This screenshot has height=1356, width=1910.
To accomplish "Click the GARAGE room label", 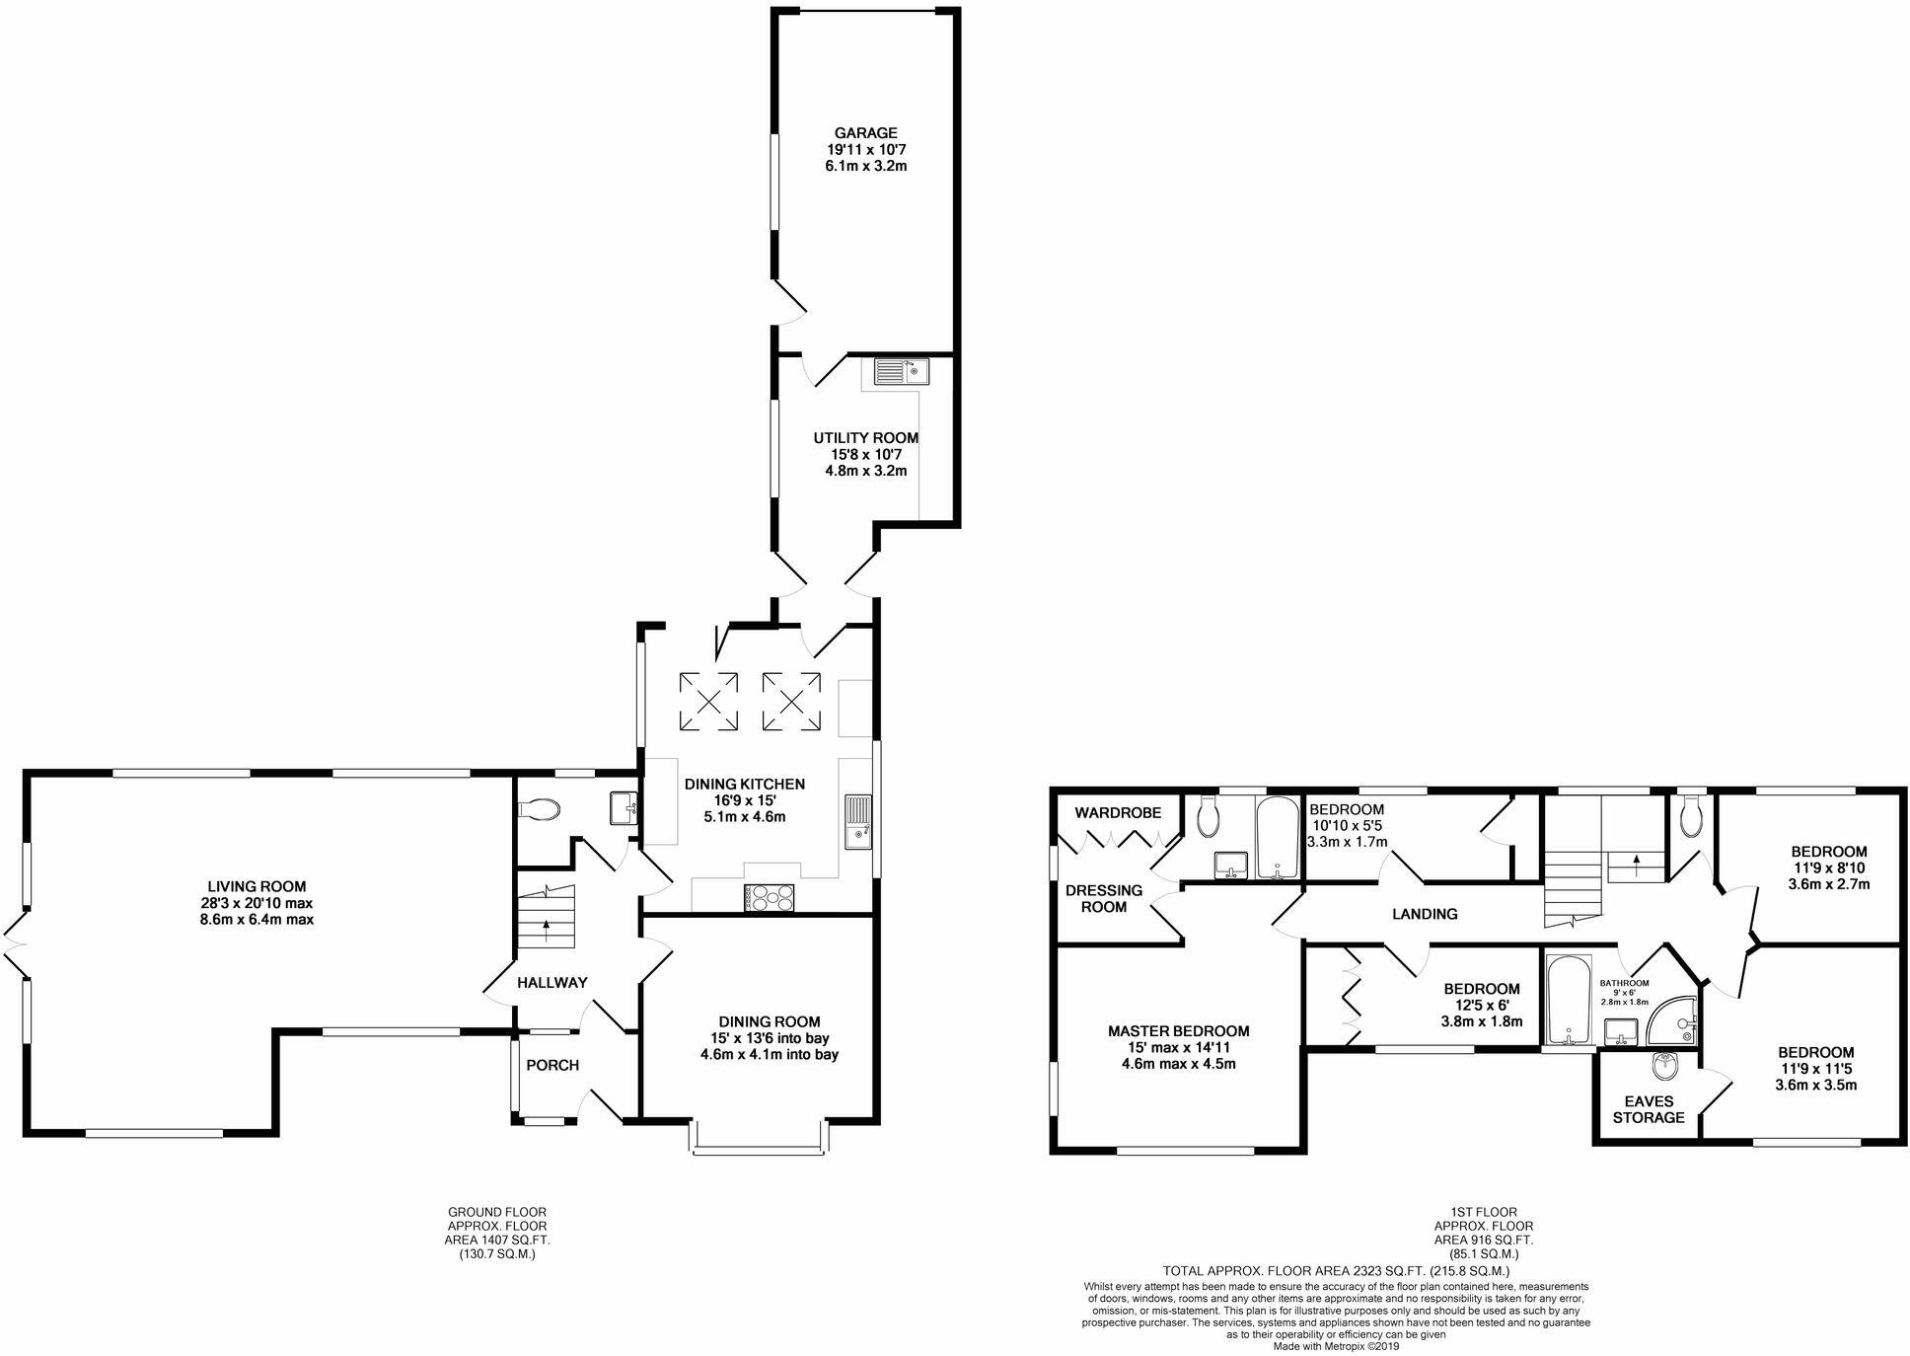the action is click(865, 133).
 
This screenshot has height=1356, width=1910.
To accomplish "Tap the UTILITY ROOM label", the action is click(865, 438).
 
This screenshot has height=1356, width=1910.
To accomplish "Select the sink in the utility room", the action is click(901, 372).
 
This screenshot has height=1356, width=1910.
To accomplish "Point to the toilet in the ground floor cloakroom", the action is click(539, 809).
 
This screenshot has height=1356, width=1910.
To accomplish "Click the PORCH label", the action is click(552, 1065).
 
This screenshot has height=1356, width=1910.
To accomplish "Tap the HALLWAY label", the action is click(552, 982).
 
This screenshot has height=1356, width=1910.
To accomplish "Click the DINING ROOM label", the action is click(769, 1021).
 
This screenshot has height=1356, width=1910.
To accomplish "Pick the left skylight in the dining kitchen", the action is click(708, 701).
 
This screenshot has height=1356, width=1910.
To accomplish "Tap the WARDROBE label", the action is click(1118, 813).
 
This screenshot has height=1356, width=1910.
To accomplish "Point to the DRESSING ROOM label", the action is click(1103, 898).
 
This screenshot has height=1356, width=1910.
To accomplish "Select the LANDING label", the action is click(1425, 914).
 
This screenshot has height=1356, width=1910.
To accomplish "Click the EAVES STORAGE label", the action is click(1649, 1109).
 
